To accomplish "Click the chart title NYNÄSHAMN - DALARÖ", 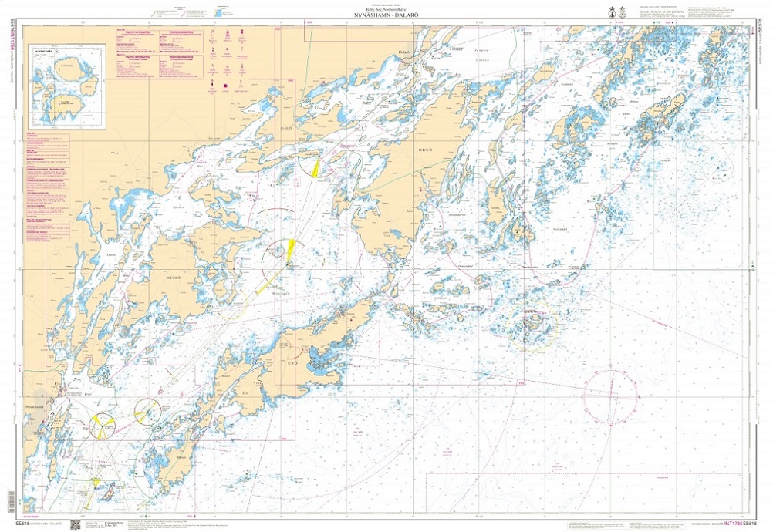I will point(386,16).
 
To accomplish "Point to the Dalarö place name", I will point(402,52).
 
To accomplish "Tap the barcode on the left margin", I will point(9,500).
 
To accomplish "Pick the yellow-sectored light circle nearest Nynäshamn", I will point(101,422).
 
